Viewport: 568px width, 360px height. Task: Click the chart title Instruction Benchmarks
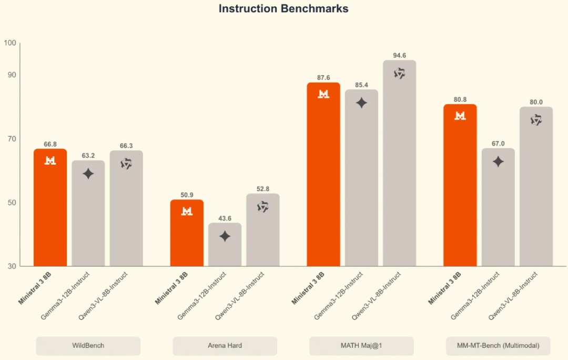click(283, 9)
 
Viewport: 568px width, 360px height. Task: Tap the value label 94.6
click(400, 55)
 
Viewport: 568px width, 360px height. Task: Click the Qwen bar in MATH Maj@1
click(400, 163)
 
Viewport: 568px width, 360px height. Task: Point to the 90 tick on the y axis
click(11, 75)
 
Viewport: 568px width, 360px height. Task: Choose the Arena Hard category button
click(225, 346)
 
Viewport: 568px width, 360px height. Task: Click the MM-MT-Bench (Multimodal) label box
click(498, 346)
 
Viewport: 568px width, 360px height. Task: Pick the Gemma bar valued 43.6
click(225, 245)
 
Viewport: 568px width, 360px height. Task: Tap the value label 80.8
click(460, 99)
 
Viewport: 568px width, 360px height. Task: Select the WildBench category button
click(88, 346)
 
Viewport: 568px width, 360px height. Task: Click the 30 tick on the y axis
click(11, 266)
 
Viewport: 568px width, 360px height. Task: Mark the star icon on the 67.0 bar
click(498, 162)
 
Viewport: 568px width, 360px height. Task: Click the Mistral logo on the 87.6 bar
click(323, 94)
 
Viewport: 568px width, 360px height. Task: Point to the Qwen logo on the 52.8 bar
click(263, 207)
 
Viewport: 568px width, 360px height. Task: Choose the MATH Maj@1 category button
click(361, 346)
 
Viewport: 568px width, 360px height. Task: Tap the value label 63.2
click(88, 156)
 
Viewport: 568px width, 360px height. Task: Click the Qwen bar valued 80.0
click(536, 187)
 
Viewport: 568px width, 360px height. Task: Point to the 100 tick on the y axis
click(9, 43)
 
